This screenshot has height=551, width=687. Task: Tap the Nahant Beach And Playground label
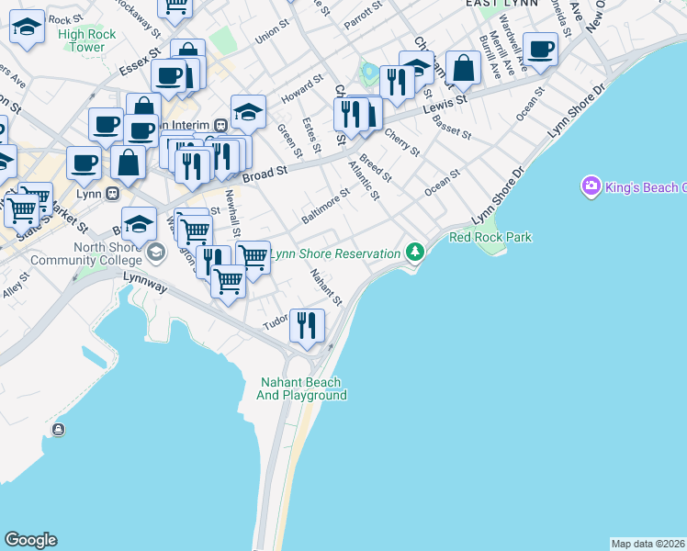[301, 388]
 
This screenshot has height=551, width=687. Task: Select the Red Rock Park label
[490, 237]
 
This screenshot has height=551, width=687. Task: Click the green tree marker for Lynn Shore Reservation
[416, 252]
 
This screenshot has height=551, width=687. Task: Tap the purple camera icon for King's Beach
[591, 186]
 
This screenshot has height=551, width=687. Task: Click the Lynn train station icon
[113, 194]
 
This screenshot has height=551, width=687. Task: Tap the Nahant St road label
[326, 287]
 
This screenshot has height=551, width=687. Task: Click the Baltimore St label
[326, 206]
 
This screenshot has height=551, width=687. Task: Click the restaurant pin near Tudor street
[307, 326]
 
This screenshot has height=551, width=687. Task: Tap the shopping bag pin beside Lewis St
[464, 67]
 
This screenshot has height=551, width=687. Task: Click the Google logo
[30, 540]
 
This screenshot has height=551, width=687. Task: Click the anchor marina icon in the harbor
[59, 430]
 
